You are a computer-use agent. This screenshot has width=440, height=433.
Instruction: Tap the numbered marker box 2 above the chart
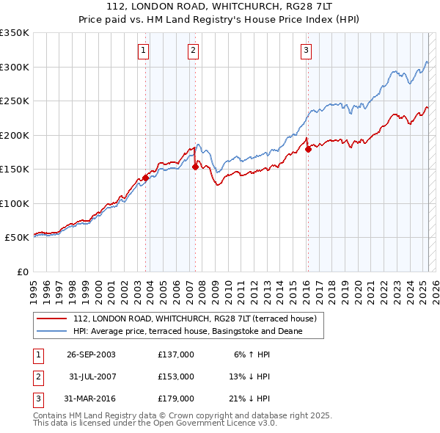tap(192, 51)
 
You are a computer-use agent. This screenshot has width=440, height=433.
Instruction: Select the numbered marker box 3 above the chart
tap(305, 51)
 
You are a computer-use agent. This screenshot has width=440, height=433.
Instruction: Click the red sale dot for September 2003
tap(146, 177)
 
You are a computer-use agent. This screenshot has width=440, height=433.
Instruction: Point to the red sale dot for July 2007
tap(195, 167)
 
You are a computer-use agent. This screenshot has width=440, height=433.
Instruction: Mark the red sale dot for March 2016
tap(308, 149)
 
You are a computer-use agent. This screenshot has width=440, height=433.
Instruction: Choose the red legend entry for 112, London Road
tap(194, 319)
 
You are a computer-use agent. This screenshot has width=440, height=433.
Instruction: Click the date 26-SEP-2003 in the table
tap(91, 354)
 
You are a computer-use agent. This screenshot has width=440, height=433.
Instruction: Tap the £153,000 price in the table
tap(176, 376)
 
